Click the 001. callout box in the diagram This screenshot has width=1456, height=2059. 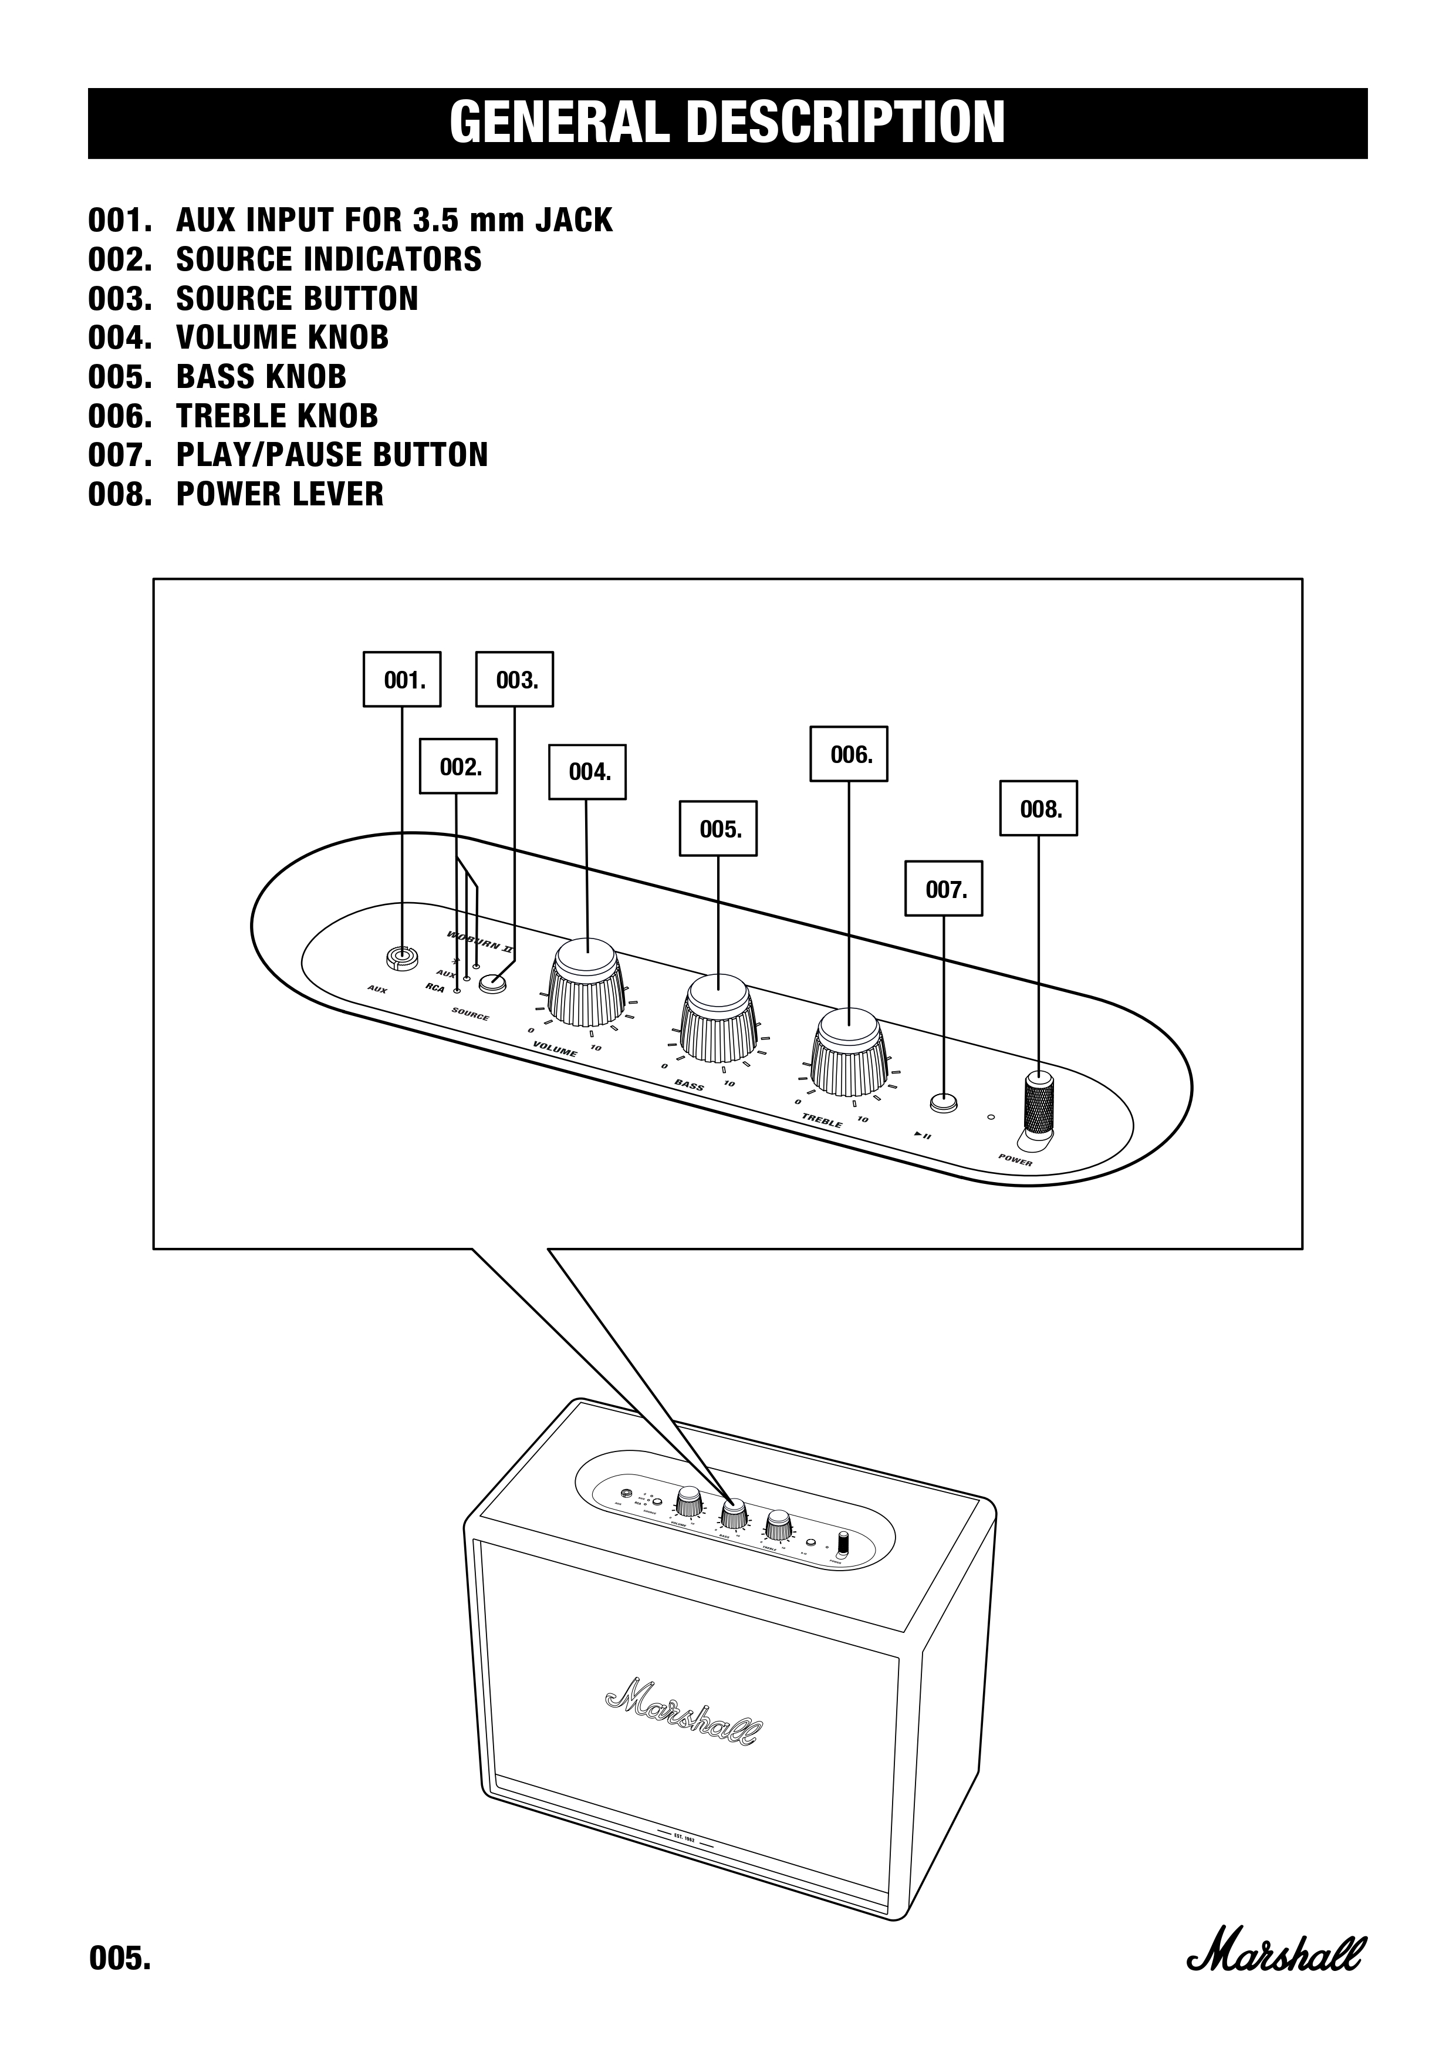click(401, 680)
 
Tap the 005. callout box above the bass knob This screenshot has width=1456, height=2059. click(718, 829)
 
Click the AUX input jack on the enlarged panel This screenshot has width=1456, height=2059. click(401, 958)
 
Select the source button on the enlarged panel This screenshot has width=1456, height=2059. click(492, 984)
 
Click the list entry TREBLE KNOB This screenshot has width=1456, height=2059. click(276, 416)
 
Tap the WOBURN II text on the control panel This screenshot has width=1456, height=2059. click(479, 941)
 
